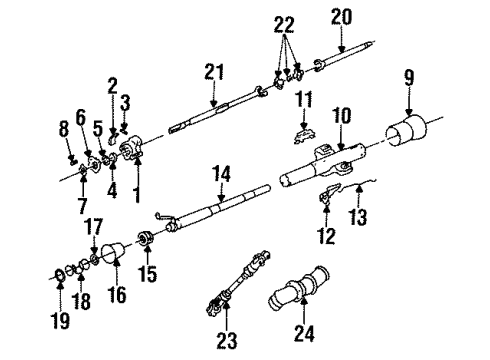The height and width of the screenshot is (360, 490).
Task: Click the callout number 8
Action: pyautogui.click(x=64, y=127)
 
